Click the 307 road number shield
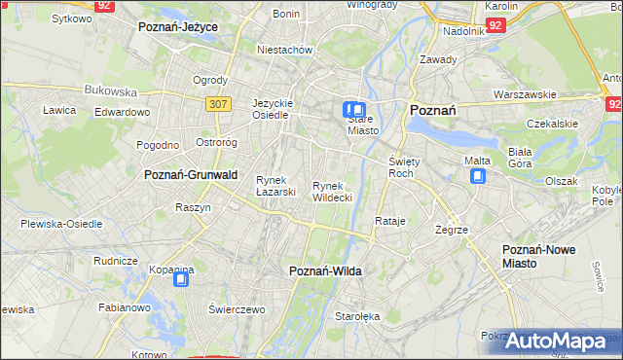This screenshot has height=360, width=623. (218, 102)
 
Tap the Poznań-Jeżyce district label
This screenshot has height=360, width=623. (178, 27)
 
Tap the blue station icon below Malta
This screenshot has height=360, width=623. (478, 176)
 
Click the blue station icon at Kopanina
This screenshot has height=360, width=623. (181, 280)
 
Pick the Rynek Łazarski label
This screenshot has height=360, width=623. (275, 186)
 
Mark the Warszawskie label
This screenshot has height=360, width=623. (525, 95)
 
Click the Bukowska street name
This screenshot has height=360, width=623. (111, 90)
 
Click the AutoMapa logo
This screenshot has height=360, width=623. (556, 342)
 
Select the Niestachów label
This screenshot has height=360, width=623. (283, 49)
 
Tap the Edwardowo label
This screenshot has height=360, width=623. (122, 112)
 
